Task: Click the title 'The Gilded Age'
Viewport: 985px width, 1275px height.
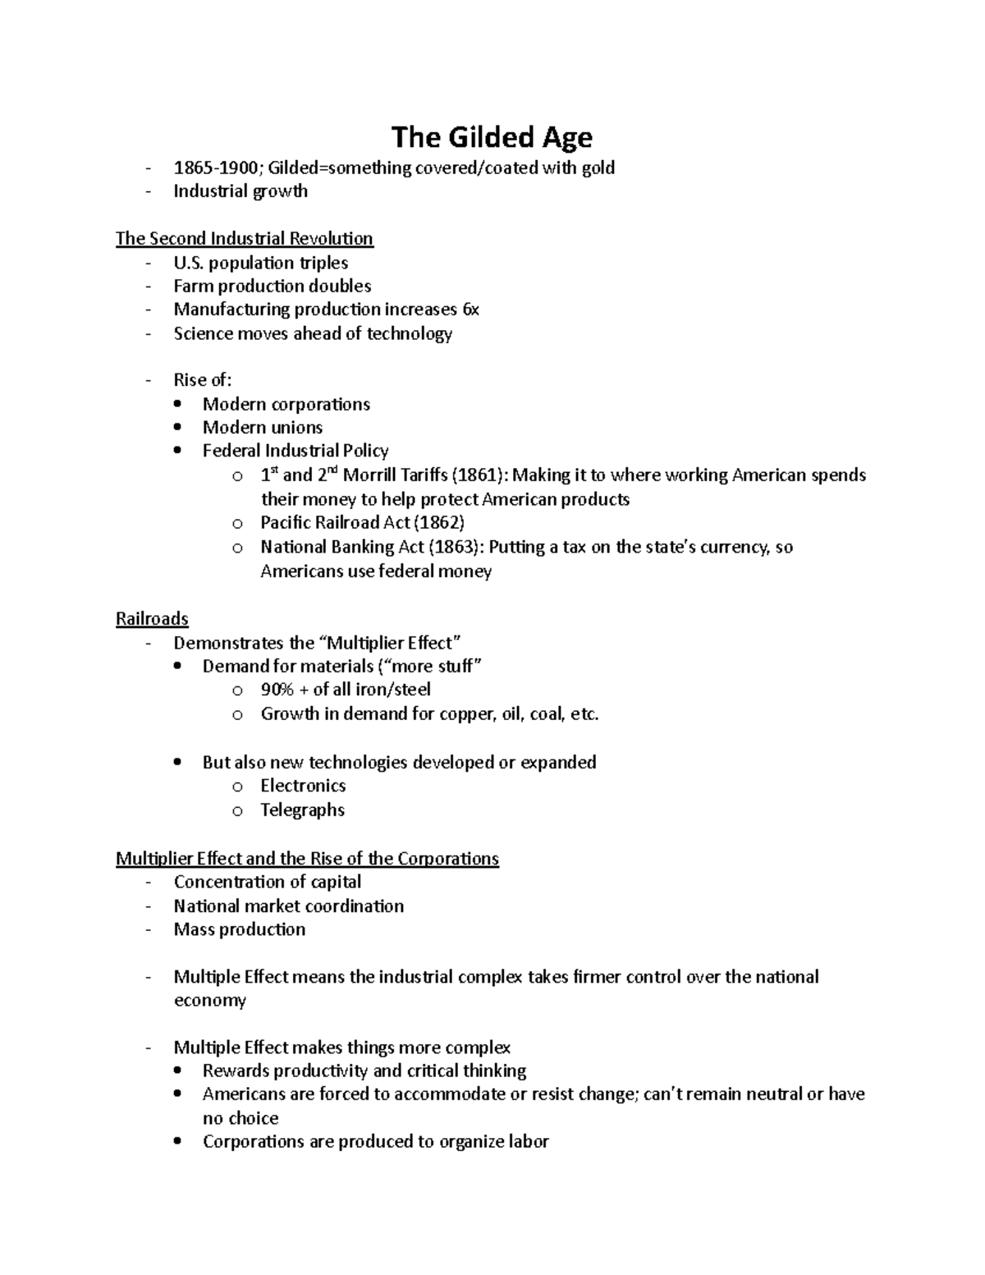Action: click(x=492, y=137)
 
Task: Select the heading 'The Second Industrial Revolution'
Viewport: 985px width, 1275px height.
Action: click(x=245, y=239)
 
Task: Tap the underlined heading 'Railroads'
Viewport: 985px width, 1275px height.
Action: click(x=152, y=619)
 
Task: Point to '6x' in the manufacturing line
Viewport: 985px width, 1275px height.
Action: click(x=470, y=310)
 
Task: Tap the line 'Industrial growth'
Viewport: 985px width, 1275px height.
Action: click(x=241, y=191)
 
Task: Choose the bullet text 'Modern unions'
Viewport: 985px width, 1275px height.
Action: click(x=263, y=428)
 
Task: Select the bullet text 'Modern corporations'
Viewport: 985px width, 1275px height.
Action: click(x=286, y=405)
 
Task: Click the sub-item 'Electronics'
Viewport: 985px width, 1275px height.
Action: click(x=303, y=786)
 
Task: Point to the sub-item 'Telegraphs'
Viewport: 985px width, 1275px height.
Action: click(x=302, y=810)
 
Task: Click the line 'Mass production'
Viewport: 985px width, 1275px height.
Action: click(x=240, y=929)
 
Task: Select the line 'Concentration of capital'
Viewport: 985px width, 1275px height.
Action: click(x=268, y=882)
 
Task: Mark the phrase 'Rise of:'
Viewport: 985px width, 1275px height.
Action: click(x=203, y=380)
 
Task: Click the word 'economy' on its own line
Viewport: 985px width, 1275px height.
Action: click(x=209, y=1001)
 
